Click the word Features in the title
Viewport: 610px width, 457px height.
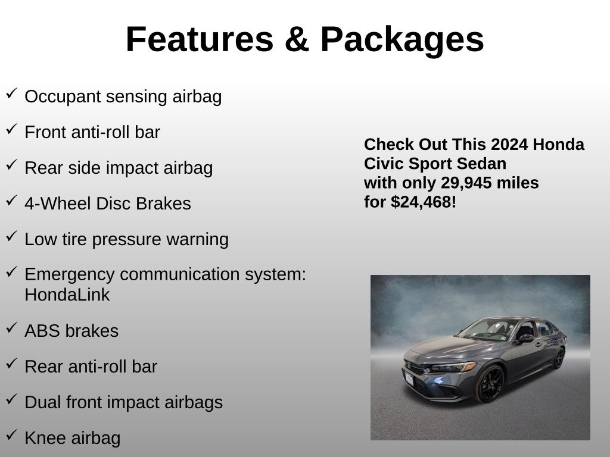tap(200, 39)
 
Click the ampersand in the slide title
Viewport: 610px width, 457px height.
tap(297, 39)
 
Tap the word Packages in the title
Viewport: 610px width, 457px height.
tap(402, 41)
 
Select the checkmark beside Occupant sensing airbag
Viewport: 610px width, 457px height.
tap(12, 93)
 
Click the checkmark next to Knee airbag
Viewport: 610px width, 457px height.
tap(12, 435)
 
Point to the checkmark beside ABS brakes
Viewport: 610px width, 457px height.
tap(12, 328)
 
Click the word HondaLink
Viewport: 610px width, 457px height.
tap(67, 295)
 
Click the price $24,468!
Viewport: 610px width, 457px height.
tap(424, 202)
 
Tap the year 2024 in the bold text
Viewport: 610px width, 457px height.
tap(509, 145)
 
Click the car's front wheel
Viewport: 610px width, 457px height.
tap(490, 384)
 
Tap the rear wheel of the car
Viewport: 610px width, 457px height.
tap(559, 358)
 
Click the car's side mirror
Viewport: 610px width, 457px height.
tap(525, 339)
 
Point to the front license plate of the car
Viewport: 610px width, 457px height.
tap(409, 378)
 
